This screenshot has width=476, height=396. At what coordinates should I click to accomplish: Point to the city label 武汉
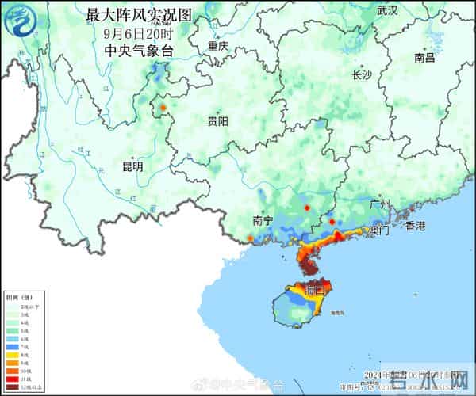[x=387, y=11]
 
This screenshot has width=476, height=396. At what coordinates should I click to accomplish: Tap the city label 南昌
[x=424, y=58]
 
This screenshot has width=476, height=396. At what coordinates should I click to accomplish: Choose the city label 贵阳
[x=217, y=121]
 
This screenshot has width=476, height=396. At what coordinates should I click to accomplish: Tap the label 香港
[x=415, y=227]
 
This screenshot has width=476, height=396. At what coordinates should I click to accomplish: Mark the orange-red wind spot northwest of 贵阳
[x=163, y=106]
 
